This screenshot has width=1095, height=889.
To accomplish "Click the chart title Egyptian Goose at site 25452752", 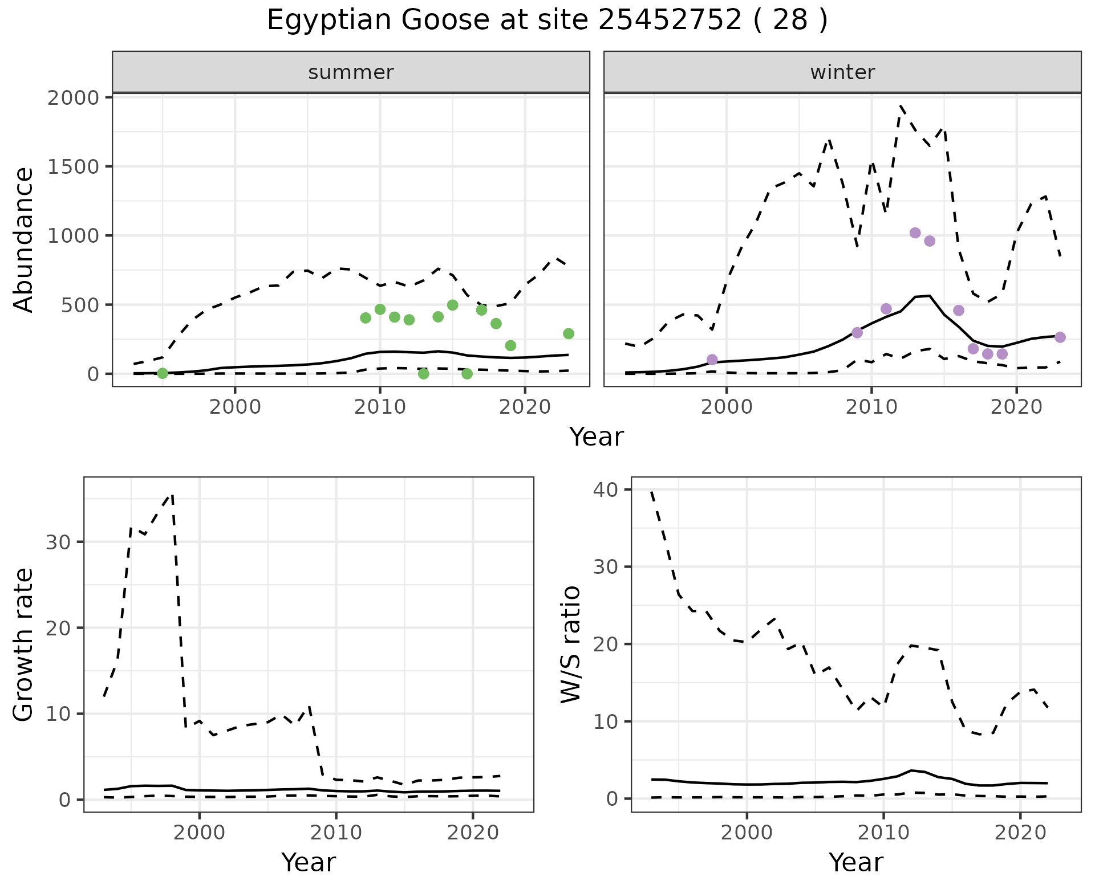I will pyautogui.click(x=547, y=21).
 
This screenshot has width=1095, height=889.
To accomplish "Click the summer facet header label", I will pyautogui.click(x=351, y=72).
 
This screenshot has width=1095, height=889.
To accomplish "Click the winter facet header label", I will pyautogui.click(x=842, y=72).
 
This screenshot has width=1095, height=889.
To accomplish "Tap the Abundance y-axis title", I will pyautogui.click(x=23, y=239).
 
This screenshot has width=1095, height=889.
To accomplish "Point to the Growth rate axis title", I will pyautogui.click(x=23, y=645).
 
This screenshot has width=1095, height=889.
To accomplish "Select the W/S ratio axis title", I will pyautogui.click(x=571, y=645).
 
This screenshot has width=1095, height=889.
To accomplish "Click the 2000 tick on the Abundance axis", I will pyautogui.click(x=73, y=97).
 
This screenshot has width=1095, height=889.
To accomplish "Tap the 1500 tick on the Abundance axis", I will pyautogui.click(x=73, y=166).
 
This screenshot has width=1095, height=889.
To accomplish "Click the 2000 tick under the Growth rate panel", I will pyautogui.click(x=199, y=833).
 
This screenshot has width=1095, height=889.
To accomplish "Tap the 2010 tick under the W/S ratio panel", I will pyautogui.click(x=883, y=833).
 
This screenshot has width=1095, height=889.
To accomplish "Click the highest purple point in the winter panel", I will pyautogui.click(x=915, y=233).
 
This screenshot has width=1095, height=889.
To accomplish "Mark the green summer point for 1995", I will pyautogui.click(x=163, y=373).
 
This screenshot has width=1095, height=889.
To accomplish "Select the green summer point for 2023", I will pyautogui.click(x=569, y=333).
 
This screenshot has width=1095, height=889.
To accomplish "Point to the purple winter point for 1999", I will pyautogui.click(x=712, y=360).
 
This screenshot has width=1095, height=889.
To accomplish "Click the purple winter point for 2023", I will pyautogui.click(x=1060, y=337).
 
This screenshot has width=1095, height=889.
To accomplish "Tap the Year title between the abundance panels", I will pyautogui.click(x=597, y=437).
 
